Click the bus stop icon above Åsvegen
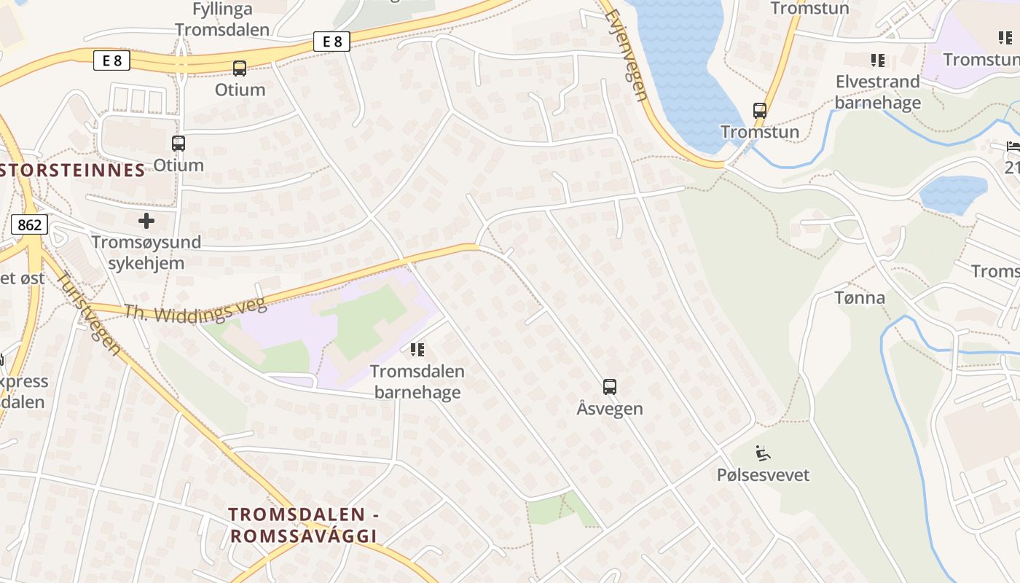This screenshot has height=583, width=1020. [610, 387]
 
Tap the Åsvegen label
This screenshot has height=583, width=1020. [610, 409]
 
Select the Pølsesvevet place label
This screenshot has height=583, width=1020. [763, 475]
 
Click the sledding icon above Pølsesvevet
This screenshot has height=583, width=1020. [763, 453]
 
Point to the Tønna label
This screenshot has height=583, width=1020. [860, 297]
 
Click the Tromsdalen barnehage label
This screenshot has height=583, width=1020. [417, 381]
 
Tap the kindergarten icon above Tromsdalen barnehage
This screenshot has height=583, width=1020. [417, 350]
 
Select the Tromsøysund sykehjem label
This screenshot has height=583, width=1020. [146, 252]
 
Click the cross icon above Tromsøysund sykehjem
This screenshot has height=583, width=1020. [146, 220]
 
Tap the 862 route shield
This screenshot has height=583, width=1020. [29, 225]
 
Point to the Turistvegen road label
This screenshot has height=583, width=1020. [89, 313]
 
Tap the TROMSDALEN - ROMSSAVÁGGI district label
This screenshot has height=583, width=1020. [303, 525]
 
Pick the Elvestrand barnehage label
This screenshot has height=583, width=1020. [877, 92]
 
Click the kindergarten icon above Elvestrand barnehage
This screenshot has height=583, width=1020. [877, 60]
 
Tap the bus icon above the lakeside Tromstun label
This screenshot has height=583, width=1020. [760, 111]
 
